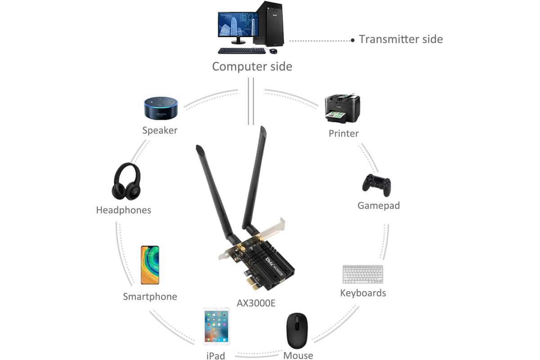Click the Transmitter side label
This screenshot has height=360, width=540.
401,39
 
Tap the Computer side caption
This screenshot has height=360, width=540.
252,67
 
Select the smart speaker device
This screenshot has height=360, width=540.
161,108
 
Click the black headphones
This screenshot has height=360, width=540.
126,181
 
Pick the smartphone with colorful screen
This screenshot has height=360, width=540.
150,265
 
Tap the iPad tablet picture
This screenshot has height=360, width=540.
216,326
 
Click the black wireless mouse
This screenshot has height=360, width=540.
297,331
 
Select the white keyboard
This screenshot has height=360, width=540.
363,274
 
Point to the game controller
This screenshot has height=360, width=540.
377,185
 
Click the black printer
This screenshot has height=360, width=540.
342,108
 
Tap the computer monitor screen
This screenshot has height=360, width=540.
238,24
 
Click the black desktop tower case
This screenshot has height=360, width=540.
270,24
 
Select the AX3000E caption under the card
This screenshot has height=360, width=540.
256,303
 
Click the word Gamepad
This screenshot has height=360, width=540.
379,206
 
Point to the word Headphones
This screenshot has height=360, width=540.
124,210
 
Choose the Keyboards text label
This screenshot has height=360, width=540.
363,293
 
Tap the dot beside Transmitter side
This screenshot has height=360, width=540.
353,40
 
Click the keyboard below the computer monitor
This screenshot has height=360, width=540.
242,51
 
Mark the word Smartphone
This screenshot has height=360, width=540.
150,297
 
